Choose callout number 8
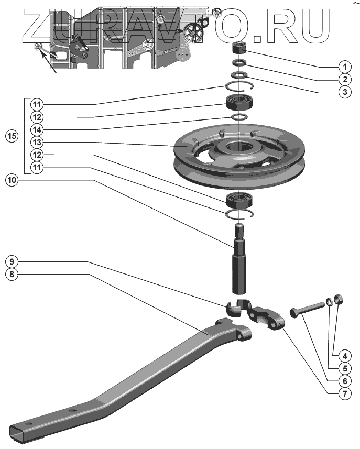[13, 273]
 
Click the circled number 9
[13, 260]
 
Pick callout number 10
[13, 180]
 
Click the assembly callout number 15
[12, 136]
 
